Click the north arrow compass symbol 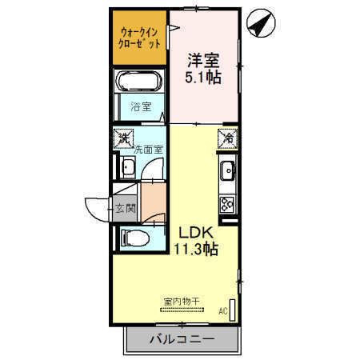point(261,23)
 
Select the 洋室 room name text point(204,61)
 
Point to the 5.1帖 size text point(203,78)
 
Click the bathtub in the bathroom point(140,81)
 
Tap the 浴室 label point(141,107)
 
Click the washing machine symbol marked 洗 point(123,138)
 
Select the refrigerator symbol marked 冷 point(228,138)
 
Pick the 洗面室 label point(148,150)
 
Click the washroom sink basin point(127,167)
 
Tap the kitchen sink point(227,170)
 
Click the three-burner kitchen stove point(227,204)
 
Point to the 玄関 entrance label point(126,209)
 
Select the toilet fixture point(135,238)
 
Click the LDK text point(196,233)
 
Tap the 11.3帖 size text point(196,250)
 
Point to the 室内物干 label point(182,302)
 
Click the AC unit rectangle point(233,310)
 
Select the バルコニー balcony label point(182,339)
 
